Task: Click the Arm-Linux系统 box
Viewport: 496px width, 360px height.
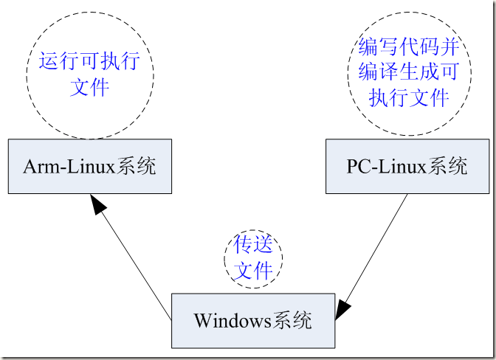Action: pos(89,167)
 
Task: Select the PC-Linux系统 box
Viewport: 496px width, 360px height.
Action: pos(406,167)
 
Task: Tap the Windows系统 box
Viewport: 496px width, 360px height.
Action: pos(252,321)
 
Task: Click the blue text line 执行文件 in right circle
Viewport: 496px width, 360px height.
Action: pos(409,97)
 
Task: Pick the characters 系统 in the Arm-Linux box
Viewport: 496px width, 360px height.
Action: pos(136,167)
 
